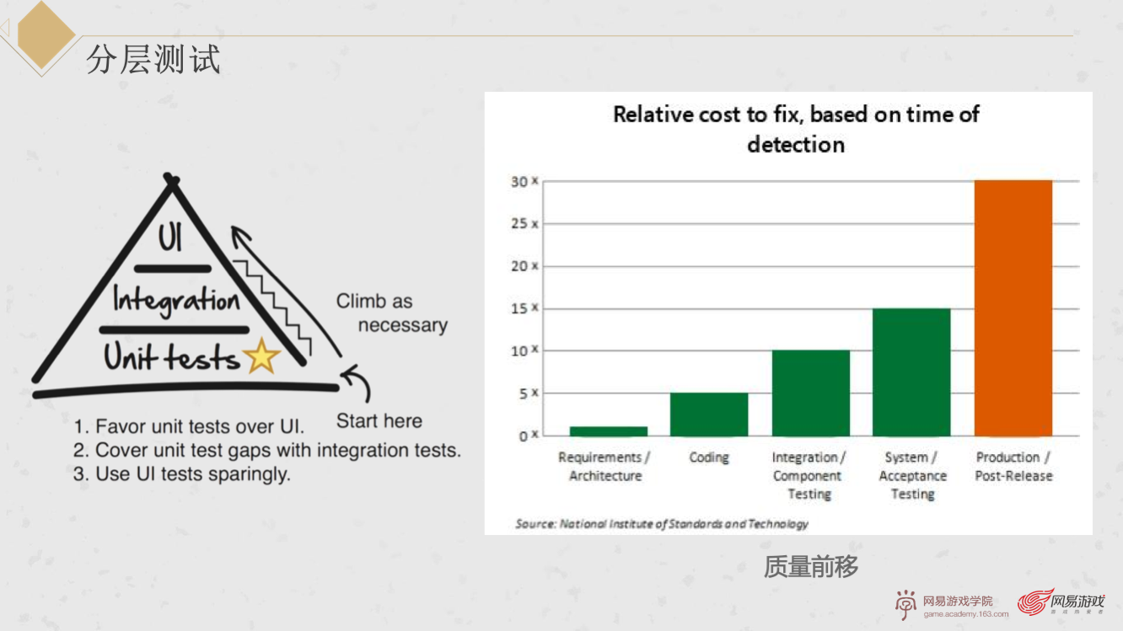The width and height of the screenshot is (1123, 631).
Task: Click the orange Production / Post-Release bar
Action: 1013,308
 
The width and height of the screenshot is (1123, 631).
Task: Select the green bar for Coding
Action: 709,414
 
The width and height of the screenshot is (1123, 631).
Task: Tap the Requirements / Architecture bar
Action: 609,431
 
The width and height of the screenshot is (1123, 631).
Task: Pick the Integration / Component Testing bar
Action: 811,393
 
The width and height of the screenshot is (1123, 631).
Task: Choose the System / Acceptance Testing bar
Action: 911,372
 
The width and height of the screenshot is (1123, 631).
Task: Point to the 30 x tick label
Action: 524,181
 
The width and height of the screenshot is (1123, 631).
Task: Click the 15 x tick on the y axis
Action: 524,308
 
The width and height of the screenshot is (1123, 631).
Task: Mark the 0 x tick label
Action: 529,436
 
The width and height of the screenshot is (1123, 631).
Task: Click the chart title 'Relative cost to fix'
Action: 796,129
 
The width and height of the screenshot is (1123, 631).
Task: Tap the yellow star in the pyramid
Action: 261,356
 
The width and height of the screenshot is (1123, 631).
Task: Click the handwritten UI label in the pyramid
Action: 170,237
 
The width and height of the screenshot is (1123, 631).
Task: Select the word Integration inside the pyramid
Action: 176,301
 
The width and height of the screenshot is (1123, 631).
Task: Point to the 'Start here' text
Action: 379,421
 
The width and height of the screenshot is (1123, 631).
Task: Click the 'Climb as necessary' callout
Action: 391,313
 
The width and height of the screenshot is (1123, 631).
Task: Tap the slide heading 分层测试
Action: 153,60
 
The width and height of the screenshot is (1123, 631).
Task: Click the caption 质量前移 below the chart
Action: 811,567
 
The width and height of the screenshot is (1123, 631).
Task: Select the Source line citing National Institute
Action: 662,524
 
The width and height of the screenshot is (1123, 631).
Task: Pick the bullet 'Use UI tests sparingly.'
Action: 182,473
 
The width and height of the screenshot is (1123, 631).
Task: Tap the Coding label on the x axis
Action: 709,457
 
